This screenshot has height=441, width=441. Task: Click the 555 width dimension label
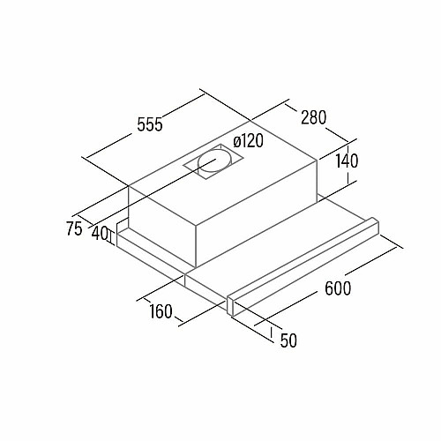coord(150,124)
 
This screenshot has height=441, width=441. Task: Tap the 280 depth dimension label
coord(313,117)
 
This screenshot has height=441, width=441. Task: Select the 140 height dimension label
coord(347,161)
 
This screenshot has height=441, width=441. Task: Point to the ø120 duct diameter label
coord(249,141)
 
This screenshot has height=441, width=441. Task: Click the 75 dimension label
coord(74,228)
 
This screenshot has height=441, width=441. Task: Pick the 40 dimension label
coord(100,234)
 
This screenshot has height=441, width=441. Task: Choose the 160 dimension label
coord(161,311)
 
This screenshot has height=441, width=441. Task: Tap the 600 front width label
coord(338,288)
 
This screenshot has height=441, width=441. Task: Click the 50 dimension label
coord(288,340)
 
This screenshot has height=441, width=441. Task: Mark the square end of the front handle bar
coord(232,306)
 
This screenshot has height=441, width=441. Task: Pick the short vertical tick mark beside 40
coord(111,237)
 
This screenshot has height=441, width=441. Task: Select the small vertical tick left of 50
coord(271,333)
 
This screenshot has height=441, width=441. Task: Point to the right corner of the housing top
coord(318,160)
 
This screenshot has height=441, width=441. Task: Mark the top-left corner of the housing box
coord(129,186)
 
